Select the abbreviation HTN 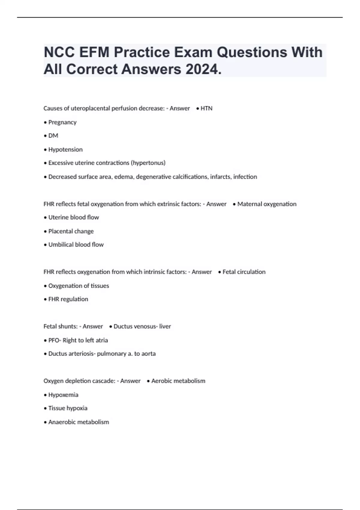206,108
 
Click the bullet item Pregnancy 62,122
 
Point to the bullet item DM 53,136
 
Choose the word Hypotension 65,149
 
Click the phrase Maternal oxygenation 267,204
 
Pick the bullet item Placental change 71,231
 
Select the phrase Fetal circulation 244,272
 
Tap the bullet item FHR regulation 68,299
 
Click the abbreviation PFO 54,340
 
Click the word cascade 104,381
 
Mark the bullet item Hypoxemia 63,395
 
